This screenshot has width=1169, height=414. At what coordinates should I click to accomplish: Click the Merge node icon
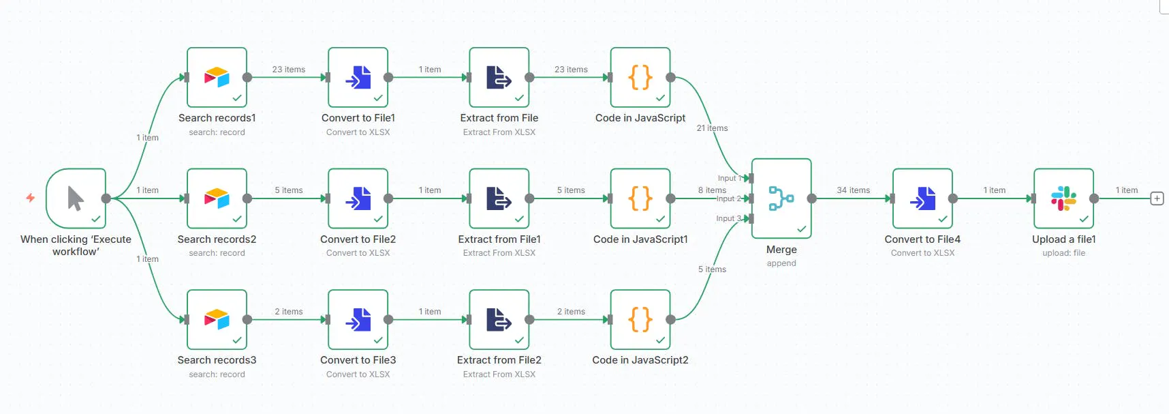point(781,198)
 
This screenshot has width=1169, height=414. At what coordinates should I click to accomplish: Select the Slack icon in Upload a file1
point(1063,198)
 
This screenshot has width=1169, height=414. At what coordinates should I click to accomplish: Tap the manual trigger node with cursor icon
point(76,198)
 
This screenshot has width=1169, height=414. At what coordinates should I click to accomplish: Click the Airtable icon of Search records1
point(217,77)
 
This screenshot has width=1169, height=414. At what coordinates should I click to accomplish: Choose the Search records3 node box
point(217,319)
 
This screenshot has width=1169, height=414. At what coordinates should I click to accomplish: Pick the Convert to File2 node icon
point(358,198)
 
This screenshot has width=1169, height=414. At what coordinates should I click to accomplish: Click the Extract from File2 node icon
point(499,319)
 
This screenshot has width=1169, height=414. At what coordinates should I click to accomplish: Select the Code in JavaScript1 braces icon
point(640,198)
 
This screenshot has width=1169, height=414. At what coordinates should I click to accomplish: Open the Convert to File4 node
point(922,198)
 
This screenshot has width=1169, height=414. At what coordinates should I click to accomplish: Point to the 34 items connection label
point(853,190)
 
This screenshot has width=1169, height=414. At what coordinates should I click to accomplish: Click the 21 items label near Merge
point(712,128)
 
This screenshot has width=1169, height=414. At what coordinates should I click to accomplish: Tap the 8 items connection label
point(712,190)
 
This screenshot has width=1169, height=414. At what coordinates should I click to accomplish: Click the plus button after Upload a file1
point(1157,198)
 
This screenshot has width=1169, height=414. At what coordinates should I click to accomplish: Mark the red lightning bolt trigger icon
point(31,198)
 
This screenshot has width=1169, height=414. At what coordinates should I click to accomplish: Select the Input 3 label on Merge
point(728,218)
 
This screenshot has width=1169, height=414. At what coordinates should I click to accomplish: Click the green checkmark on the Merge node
point(801,229)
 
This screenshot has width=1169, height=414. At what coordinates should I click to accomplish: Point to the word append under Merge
point(781,263)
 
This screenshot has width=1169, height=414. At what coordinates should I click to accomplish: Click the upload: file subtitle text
point(1063,253)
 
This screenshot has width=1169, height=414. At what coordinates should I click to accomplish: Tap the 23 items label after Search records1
point(289,70)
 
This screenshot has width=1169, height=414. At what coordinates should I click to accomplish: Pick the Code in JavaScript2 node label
point(640,360)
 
